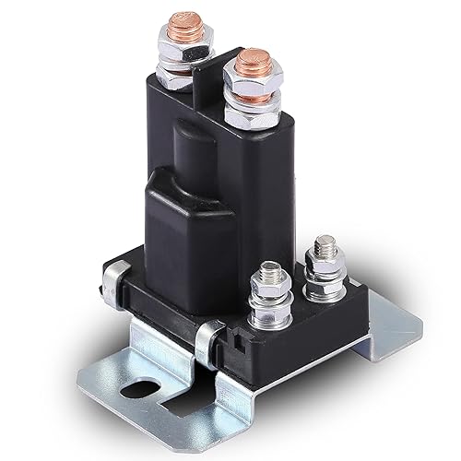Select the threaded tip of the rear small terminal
pyautogui.click(x=324, y=246)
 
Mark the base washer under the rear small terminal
pyautogui.click(x=325, y=292)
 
